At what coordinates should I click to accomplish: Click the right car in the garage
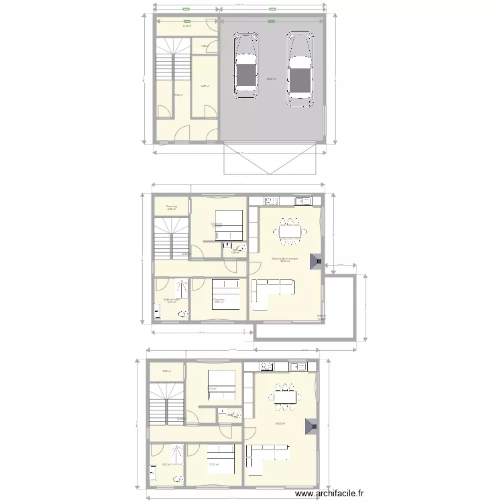pyautogui.click(x=298, y=70)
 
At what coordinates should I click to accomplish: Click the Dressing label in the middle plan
pyautogui.click(x=172, y=207)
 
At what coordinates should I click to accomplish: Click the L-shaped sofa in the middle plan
pyautogui.click(x=271, y=289)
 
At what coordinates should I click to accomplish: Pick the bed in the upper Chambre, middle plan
pyautogui.click(x=229, y=224)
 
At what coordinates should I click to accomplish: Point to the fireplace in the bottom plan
pyautogui.click(x=311, y=427)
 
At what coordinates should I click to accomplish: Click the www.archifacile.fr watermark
pyautogui.click(x=331, y=494)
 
